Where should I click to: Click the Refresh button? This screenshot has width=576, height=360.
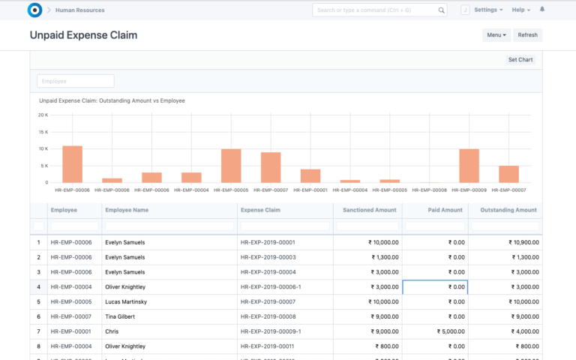pos(527,35)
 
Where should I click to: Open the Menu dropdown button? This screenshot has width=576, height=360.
pos(496,35)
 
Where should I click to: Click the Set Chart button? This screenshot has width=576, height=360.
pos(520,60)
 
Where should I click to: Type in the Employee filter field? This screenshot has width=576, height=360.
pos(76,81)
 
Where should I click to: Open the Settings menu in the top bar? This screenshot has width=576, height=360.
pos(488,10)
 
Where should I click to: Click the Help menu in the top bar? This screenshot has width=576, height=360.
pos(520,10)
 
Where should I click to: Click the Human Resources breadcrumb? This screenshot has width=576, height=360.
pos(79,10)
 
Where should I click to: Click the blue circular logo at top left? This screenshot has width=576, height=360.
pos(34,10)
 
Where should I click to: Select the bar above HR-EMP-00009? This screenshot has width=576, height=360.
pos(469,165)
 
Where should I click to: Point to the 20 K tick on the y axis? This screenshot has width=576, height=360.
pos(43,115)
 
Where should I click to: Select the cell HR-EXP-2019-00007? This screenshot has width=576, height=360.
pos(268,301)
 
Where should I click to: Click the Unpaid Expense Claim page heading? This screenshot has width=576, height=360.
pos(83,35)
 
